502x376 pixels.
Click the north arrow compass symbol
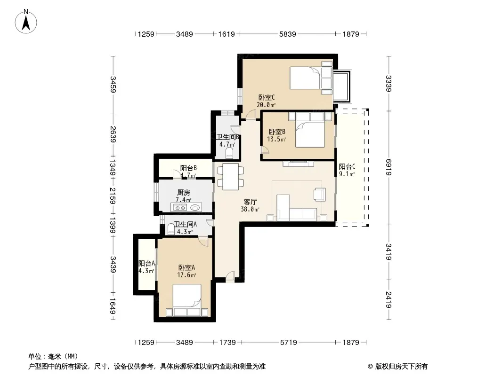[x=26, y=22]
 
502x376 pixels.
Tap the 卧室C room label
[x=267, y=97]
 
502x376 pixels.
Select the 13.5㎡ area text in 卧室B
[x=276, y=139]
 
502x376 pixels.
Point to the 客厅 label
[x=250, y=202]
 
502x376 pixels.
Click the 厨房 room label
[x=184, y=193]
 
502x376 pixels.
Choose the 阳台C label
[x=347, y=166]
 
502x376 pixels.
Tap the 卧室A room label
[x=186, y=267]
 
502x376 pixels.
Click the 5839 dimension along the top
[x=288, y=34]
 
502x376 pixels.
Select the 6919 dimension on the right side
[x=389, y=167]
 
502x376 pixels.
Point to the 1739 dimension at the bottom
[x=227, y=343]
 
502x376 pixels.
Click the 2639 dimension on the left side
[x=113, y=134]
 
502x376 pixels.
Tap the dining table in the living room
[x=230, y=177]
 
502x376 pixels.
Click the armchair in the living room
[x=319, y=194]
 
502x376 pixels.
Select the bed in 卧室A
[x=187, y=300]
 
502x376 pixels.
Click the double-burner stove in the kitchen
[x=180, y=207]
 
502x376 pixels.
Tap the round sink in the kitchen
[x=195, y=208]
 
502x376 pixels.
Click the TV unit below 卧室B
[x=298, y=164]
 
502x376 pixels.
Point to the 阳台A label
[x=146, y=264]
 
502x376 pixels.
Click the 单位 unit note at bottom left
[x=53, y=357]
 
